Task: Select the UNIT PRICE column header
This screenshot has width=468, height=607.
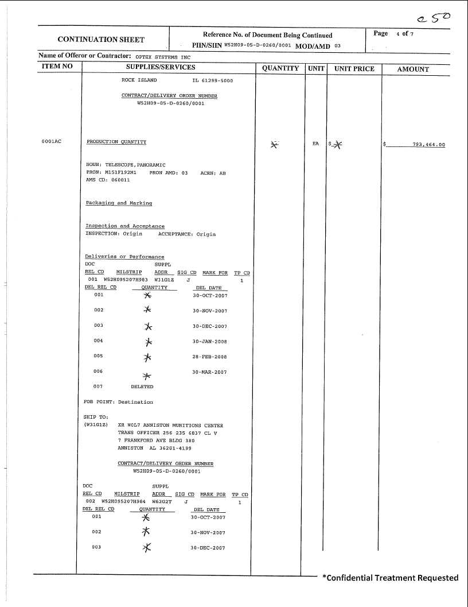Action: point(354,69)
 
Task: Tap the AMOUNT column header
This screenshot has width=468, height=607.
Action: point(413,69)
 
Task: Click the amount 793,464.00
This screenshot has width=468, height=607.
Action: point(428,145)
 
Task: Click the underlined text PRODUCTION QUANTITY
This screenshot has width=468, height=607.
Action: point(116,142)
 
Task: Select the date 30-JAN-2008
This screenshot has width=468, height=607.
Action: point(210,342)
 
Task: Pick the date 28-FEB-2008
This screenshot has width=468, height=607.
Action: point(210,357)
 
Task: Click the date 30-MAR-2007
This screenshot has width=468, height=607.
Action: point(210,372)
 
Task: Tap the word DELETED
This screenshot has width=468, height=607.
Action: point(142,387)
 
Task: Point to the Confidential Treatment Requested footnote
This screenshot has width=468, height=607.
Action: point(390,578)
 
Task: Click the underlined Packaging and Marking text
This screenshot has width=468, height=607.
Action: point(119,203)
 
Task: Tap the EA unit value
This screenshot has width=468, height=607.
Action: point(315,144)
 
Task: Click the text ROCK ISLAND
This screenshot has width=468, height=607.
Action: point(139,80)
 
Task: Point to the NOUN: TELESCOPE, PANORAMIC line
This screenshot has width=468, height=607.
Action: point(126,165)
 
